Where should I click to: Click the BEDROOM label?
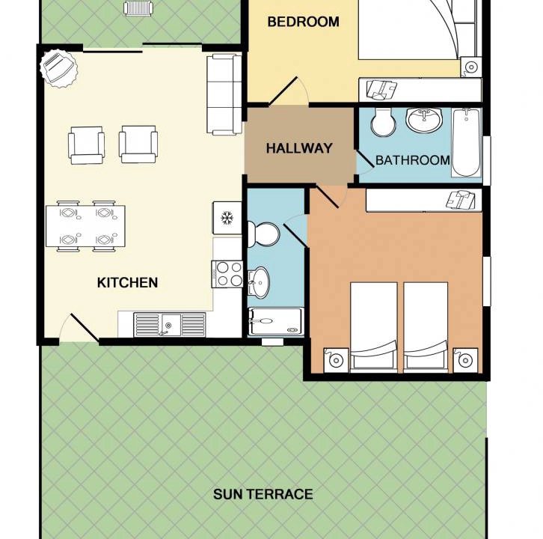point(303,22)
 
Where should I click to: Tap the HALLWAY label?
point(299,148)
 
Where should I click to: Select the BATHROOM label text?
point(412,160)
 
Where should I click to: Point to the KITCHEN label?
point(127,282)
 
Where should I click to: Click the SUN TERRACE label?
point(263,494)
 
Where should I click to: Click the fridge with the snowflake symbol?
point(227,218)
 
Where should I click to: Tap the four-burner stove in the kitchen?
point(227,274)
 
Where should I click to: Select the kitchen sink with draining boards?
point(169,325)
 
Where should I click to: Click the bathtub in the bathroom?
point(466,143)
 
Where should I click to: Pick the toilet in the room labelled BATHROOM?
point(383,122)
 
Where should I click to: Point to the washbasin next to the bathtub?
point(424,120)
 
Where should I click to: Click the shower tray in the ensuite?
point(276,322)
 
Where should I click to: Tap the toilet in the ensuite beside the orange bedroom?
point(263,234)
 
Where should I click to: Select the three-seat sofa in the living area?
point(224,94)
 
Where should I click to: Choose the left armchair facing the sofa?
point(86,145)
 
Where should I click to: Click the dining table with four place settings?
point(85,226)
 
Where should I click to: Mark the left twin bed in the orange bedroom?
point(374,327)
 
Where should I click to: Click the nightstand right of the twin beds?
point(465,360)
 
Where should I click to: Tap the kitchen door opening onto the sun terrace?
point(85,328)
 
